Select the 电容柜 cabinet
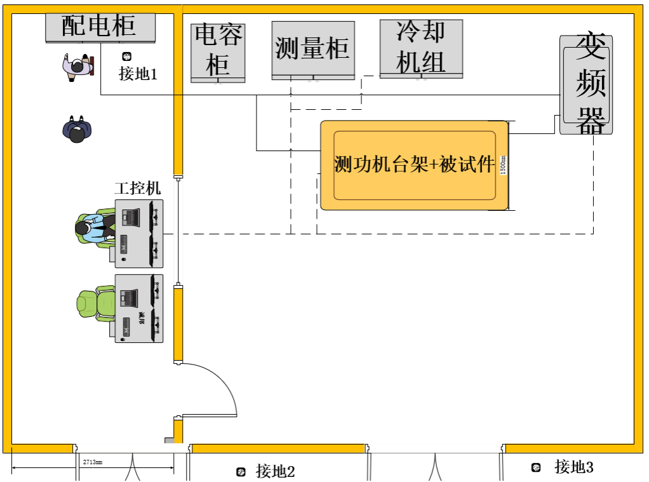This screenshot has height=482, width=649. coord(218,53)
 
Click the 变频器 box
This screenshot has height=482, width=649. coord(585,84)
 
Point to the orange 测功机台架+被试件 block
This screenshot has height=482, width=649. coord(414,165)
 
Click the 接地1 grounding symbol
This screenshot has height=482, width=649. coord(126,57)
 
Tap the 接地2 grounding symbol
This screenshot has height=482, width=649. coord(241,471)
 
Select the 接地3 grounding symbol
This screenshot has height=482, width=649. coord(537,468)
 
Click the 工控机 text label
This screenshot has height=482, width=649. coord(138,189)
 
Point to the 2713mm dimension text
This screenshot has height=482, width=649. coord(93,462)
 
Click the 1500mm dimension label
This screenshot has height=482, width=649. coord(504,166)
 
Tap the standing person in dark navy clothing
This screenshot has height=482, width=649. coord(77,129)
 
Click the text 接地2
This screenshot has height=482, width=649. coord(276,471)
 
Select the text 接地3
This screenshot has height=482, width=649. coord(573,467)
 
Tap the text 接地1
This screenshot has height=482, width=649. coord(138,74)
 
